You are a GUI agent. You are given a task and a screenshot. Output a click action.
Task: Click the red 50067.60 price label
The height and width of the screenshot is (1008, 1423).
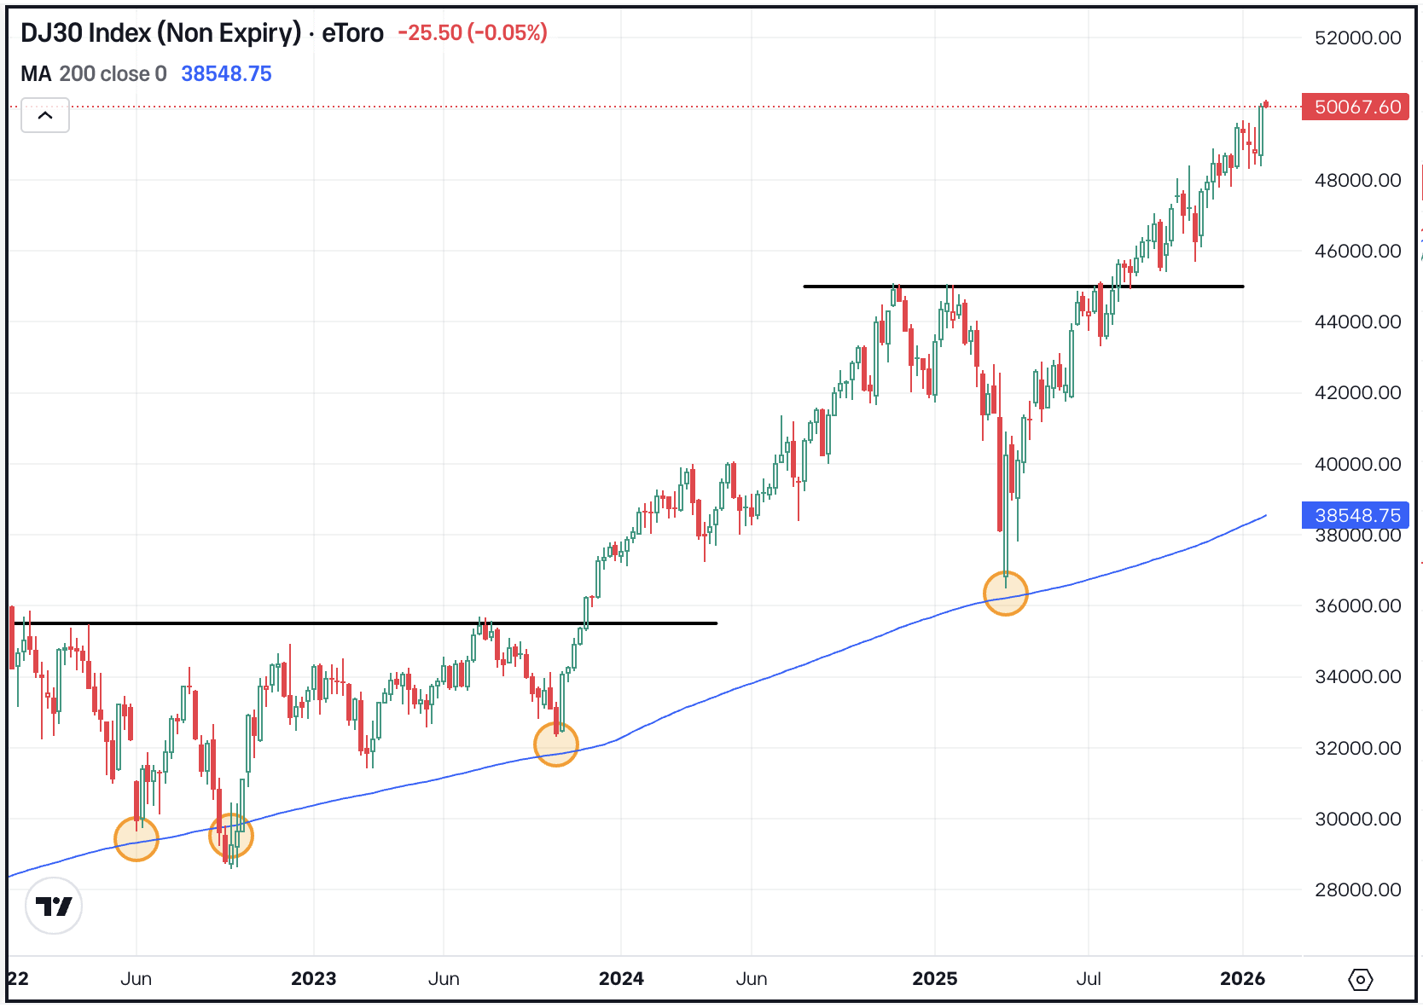(1356, 107)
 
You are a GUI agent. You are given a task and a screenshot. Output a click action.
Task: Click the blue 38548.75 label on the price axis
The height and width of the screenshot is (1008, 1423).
(1356, 515)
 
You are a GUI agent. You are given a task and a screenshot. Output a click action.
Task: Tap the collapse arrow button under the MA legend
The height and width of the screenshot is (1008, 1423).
(45, 115)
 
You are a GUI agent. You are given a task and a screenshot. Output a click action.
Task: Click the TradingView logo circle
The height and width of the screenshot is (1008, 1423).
(54, 906)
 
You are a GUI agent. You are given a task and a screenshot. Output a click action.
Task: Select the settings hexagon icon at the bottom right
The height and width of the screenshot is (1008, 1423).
(1360, 979)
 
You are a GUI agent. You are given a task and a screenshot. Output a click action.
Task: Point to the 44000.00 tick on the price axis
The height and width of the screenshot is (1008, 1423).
(1357, 322)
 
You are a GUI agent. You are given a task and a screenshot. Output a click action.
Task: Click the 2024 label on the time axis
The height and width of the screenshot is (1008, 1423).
(621, 978)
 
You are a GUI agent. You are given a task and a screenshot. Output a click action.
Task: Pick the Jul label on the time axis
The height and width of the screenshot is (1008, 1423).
(1088, 978)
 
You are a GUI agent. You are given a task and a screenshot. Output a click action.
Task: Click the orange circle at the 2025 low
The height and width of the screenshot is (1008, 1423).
(1006, 593)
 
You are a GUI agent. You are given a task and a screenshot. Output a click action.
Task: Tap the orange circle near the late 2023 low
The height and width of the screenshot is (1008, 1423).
(556, 744)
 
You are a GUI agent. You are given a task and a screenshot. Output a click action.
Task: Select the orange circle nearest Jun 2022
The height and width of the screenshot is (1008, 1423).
(136, 838)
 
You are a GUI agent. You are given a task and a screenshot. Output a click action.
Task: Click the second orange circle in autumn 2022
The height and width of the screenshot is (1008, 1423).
(231, 836)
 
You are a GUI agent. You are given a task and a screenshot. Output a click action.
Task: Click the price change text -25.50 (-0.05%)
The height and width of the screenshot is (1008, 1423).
(473, 33)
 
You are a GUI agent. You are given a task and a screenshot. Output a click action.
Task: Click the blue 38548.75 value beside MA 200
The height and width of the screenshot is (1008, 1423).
(226, 74)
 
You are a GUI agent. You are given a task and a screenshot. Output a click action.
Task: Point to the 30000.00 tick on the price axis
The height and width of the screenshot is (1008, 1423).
(1357, 819)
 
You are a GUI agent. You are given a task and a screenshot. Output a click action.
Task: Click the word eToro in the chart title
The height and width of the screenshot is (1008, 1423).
(352, 33)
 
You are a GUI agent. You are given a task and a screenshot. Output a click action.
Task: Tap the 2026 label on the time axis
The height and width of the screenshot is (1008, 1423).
(1242, 978)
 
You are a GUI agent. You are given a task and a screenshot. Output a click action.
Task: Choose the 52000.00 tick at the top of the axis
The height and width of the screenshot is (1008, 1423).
(1357, 38)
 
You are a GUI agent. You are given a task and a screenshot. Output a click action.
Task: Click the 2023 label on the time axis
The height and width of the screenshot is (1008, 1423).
(313, 978)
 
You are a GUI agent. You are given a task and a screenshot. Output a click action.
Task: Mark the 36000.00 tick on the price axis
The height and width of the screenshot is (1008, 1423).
(1357, 605)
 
